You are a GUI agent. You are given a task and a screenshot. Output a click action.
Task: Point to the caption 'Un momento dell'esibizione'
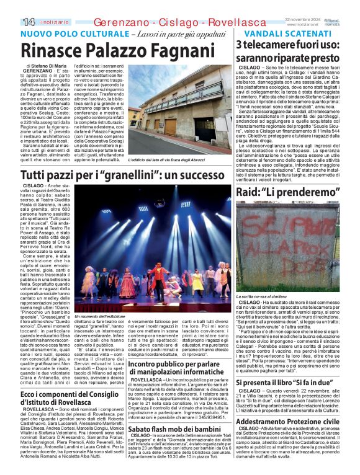coord(99,316)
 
